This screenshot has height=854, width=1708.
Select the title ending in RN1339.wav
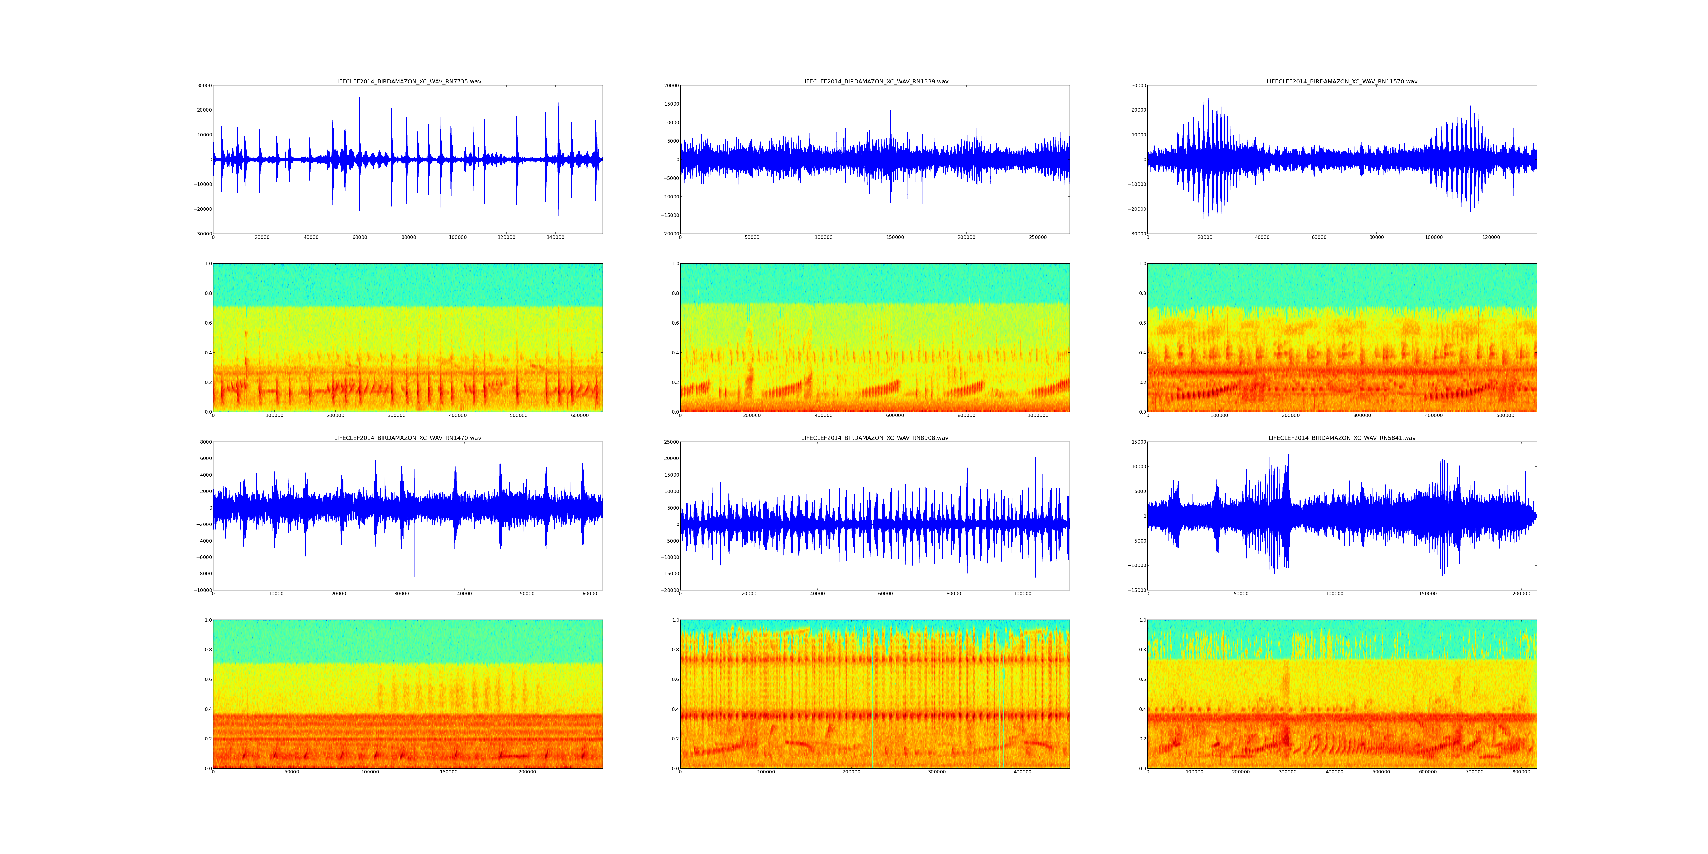click(874, 81)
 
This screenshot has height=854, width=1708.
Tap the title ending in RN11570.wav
click(1342, 81)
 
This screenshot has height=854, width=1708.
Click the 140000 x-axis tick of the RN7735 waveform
click(555, 237)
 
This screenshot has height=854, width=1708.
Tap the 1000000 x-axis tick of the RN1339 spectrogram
click(1038, 416)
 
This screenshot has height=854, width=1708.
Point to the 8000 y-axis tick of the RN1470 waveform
click(206, 442)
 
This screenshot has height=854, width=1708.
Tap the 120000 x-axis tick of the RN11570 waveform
click(1491, 237)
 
